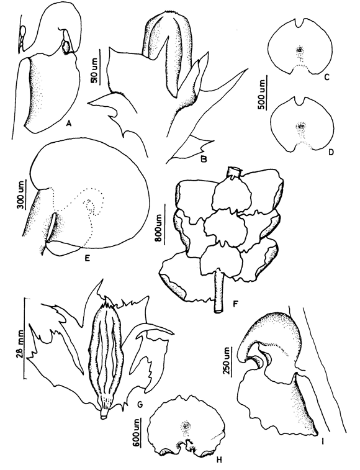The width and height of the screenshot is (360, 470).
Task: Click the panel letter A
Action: click(70, 123)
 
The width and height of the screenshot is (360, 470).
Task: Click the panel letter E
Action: click(88, 257)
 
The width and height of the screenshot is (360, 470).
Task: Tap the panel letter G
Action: click(139, 405)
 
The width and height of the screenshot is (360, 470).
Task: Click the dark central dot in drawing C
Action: click(299, 50)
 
